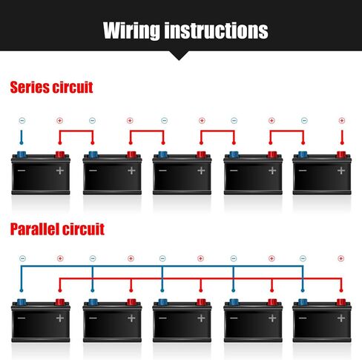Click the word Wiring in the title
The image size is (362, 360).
(131, 30)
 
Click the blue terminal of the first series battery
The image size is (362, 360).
(22, 155)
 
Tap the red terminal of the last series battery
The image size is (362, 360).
(341, 155)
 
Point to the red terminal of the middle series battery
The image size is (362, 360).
(201, 155)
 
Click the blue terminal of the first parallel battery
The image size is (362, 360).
(22, 302)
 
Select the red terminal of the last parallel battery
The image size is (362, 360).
(341, 302)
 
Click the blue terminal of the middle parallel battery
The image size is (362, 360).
(162, 302)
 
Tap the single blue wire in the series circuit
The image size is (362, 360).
(22, 137)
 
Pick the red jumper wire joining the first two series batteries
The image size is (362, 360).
(76, 131)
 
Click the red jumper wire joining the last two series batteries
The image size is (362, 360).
(287, 131)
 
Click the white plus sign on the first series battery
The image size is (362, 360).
(60, 171)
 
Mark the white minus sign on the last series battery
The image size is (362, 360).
(303, 171)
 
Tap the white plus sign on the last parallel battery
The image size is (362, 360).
(341, 318)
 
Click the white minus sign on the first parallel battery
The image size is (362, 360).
(22, 318)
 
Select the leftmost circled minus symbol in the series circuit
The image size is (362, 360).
(22, 120)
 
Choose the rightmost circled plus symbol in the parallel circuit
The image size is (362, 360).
(340, 258)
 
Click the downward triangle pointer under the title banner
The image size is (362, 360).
(179, 55)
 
